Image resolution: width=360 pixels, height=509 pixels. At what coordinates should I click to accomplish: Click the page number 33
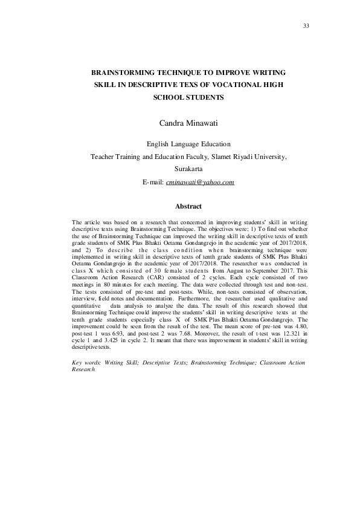tap(305, 25)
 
